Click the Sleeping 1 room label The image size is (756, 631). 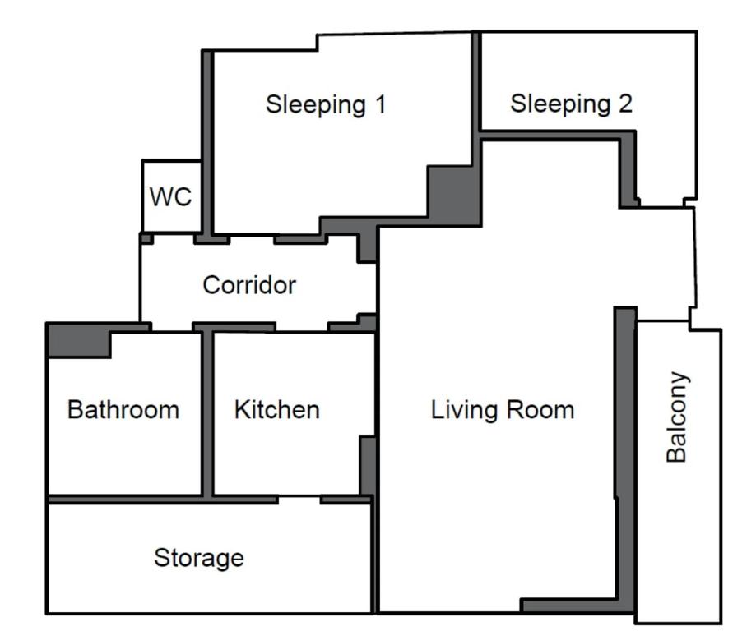326,105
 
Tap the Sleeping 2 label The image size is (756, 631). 572,104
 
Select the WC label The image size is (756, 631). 170,196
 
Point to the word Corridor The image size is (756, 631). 249,284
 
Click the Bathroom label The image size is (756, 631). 123,409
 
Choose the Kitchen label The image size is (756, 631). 276,409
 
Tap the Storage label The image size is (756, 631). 198,558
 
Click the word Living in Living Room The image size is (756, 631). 464,410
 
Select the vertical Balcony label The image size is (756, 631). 677,417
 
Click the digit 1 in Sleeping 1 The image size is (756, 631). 380,104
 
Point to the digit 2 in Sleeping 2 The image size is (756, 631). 625,104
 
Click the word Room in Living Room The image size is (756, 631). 540,410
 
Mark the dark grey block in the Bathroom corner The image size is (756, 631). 80,340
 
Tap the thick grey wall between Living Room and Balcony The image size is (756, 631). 626,458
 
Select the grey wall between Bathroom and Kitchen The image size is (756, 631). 207,413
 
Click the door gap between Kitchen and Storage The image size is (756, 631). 299,500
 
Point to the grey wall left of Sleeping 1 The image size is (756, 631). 207,142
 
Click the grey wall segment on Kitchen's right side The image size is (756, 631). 368,465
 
